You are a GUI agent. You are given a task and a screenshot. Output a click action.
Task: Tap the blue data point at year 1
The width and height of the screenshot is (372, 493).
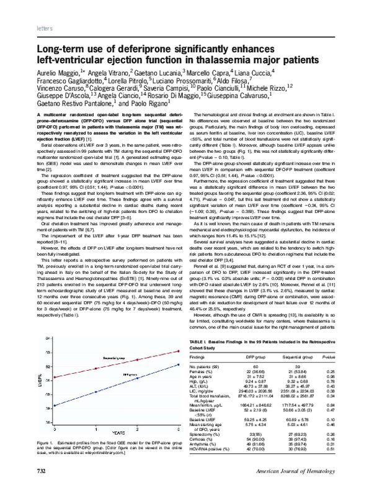tap(95, 392)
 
